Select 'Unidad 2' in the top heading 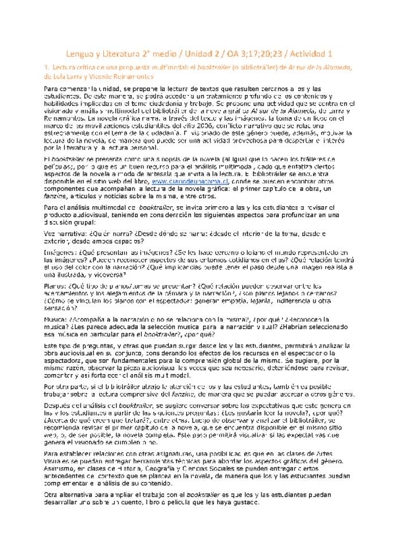(x=205, y=54)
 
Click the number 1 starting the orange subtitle (x=46, y=67)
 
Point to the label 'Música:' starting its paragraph (x=56, y=319)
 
